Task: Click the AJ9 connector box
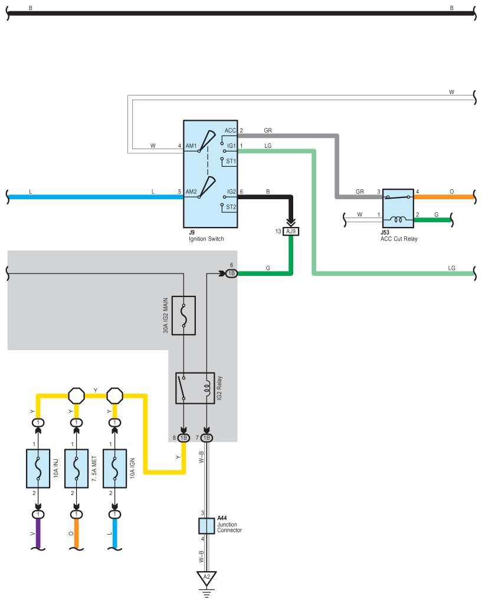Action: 291,231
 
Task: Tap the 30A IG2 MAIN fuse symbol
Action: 183,315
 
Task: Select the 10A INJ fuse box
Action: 38,469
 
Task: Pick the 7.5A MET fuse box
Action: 76,469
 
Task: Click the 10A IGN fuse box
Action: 114,469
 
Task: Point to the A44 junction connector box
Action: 206,526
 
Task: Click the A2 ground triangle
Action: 206,578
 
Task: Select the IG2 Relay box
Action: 195,388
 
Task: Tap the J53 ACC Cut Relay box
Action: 398,208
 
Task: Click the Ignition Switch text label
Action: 206,239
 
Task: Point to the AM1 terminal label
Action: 191,146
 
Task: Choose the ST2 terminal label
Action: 231,207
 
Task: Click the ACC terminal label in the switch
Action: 230,130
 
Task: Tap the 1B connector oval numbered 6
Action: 231,274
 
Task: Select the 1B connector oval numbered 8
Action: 183,437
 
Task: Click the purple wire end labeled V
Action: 38,534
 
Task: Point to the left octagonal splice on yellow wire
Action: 76,396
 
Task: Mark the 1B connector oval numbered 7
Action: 206,437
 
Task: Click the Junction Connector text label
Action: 229,527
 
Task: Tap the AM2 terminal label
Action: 191,192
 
